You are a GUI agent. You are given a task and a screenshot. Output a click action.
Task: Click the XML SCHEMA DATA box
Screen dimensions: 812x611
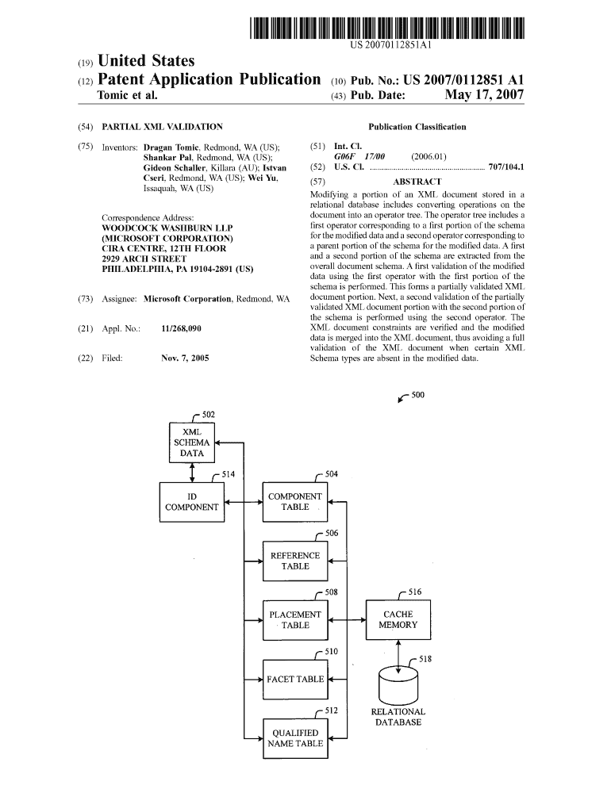point(192,442)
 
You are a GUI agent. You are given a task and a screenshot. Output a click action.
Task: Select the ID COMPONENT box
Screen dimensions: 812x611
point(191,502)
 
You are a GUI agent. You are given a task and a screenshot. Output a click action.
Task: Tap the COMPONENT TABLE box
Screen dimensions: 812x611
point(294,502)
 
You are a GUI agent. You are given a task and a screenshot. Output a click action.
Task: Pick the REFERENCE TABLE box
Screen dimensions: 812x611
point(294,561)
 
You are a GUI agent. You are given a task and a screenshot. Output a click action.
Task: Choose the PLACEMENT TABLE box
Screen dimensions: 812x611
point(294,620)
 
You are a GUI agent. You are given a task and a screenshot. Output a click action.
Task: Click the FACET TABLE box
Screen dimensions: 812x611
point(294,679)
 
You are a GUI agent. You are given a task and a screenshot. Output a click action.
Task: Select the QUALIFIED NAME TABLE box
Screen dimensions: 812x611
point(294,738)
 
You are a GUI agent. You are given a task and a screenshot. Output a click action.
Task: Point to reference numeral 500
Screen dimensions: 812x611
point(418,396)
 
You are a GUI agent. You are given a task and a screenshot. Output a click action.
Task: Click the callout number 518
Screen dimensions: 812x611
point(425,659)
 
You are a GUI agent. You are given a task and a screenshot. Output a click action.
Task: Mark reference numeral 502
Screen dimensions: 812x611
point(208,415)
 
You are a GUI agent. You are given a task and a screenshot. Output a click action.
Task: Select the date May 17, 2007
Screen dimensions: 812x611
point(484,96)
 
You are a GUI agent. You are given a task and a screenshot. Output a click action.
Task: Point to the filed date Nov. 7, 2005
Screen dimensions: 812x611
point(185,358)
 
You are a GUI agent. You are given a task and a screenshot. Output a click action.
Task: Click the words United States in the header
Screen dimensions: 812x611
point(145,61)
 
